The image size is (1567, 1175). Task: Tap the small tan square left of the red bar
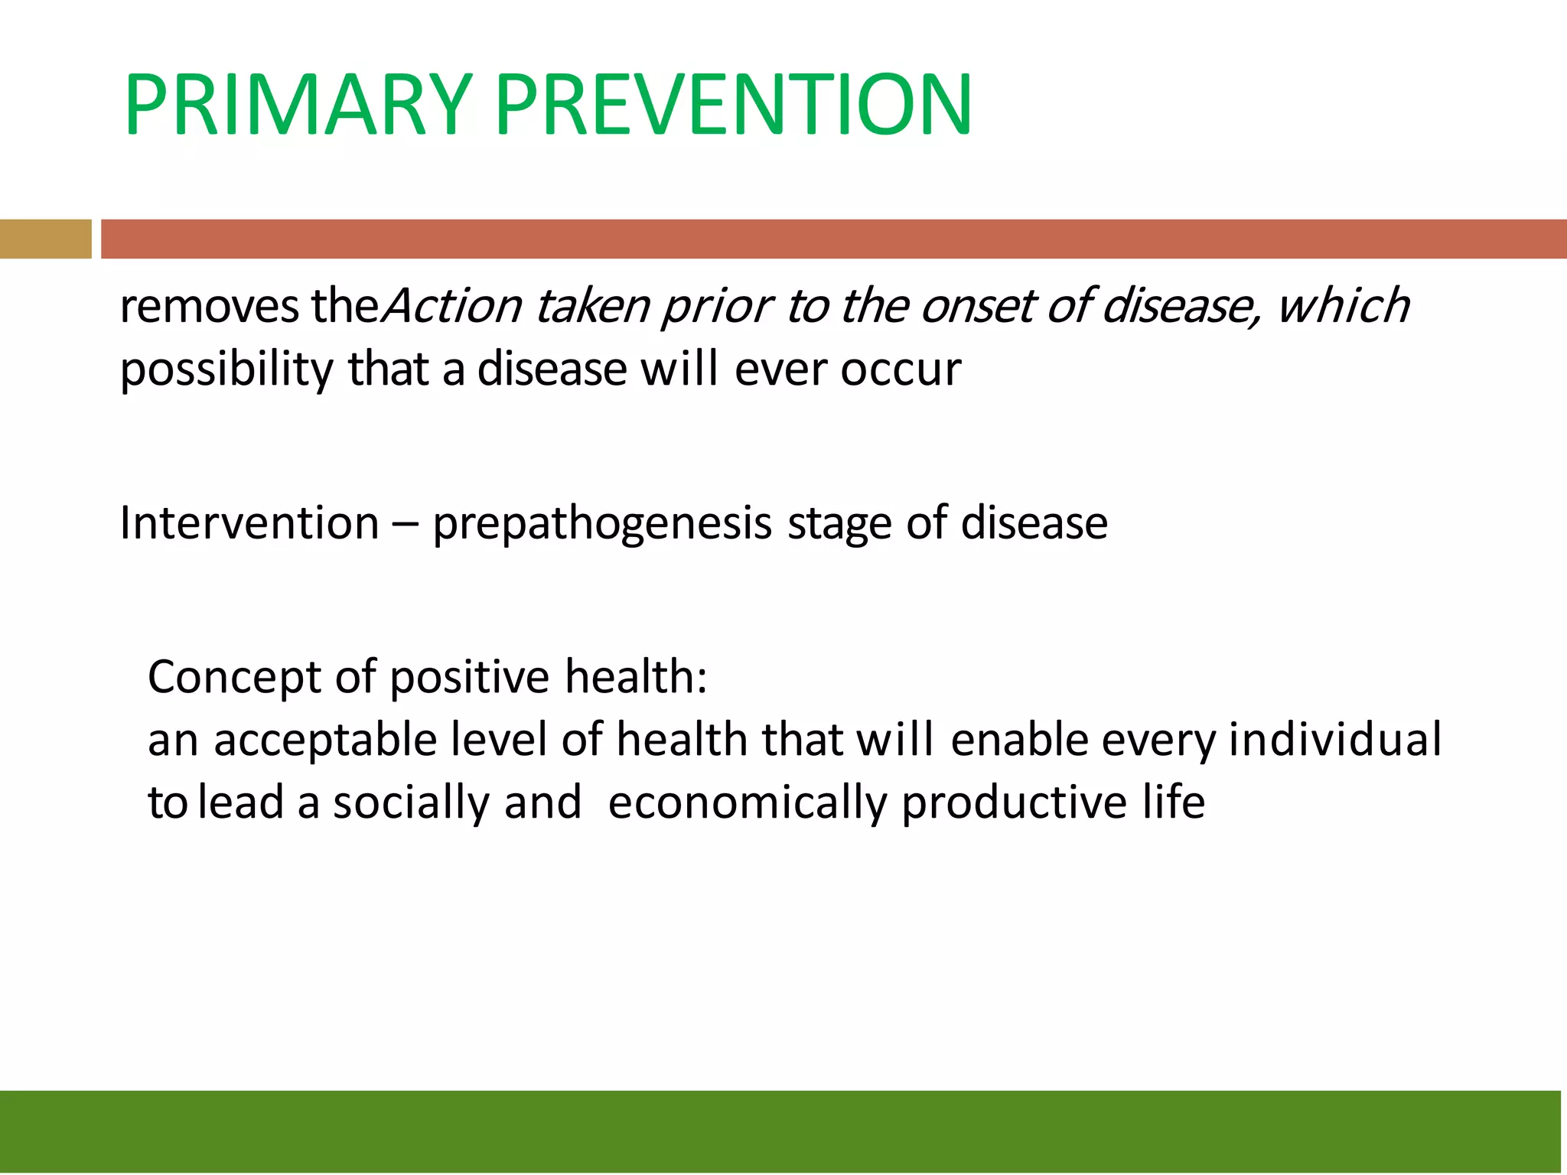45,239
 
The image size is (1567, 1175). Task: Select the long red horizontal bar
832,239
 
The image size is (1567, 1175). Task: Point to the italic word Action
451,306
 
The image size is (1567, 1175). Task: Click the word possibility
226,371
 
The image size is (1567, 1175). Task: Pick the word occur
901,371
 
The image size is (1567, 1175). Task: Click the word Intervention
249,524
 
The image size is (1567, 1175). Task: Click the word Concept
234,679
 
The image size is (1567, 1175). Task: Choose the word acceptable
325,741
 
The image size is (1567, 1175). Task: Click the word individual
1334,740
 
